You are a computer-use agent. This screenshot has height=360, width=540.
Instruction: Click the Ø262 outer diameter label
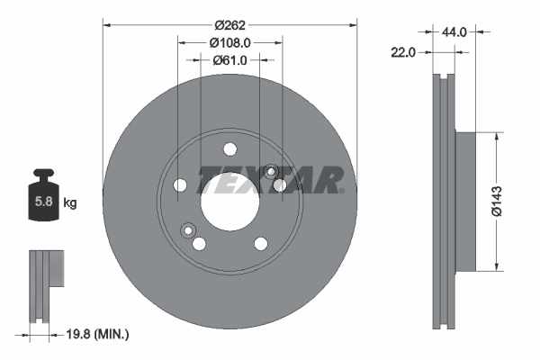pyautogui.click(x=229, y=25)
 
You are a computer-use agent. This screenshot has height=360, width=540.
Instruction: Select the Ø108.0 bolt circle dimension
pyautogui.click(x=229, y=42)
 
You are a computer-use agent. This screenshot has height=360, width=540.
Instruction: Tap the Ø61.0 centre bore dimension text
pyautogui.click(x=229, y=60)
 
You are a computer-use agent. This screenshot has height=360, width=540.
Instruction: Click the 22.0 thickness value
pyautogui.click(x=404, y=53)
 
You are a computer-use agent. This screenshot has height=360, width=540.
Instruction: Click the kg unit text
pyautogui.click(x=70, y=203)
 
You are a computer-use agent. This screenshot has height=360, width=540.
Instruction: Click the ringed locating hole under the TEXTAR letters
pyautogui.click(x=272, y=170)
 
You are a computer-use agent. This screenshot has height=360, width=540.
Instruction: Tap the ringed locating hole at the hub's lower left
pyautogui.click(x=188, y=229)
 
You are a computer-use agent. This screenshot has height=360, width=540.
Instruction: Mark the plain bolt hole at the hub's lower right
pyautogui.click(x=260, y=243)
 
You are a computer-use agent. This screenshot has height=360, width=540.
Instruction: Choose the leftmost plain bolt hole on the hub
pyautogui.click(x=180, y=185)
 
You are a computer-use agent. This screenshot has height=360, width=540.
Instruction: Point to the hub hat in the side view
pyautogui.click(x=465, y=201)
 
